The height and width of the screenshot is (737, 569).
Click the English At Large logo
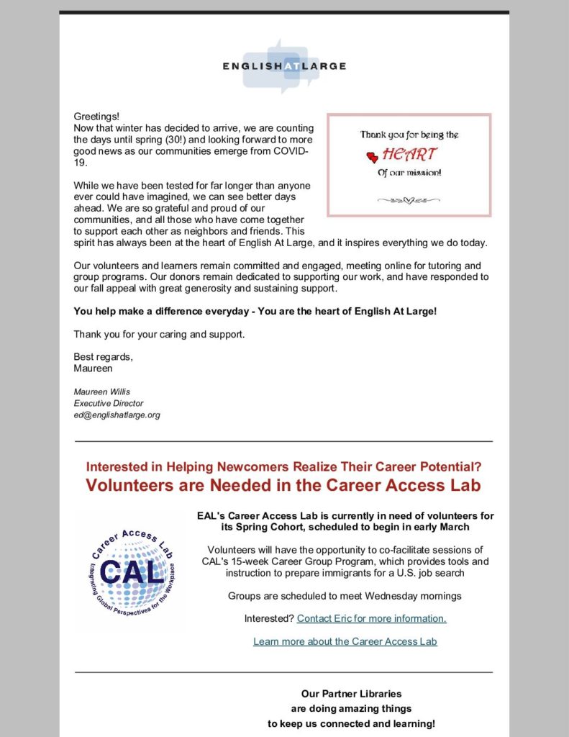click(x=284, y=65)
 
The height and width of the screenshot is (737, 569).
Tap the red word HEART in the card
click(x=409, y=155)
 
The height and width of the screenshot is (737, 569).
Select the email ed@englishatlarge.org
click(x=117, y=415)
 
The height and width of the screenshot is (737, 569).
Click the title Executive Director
click(x=109, y=404)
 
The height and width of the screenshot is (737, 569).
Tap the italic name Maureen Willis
click(x=101, y=392)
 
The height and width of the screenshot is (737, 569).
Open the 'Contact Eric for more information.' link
click(x=371, y=618)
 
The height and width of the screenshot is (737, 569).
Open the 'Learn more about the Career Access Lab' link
click(x=345, y=641)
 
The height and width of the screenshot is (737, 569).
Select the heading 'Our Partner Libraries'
click(x=351, y=695)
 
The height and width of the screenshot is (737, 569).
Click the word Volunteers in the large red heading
click(x=127, y=485)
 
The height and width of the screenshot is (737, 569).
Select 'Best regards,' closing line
click(x=103, y=357)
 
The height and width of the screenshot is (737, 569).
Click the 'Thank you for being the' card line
click(x=409, y=135)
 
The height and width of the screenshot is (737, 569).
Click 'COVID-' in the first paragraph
click(x=291, y=151)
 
